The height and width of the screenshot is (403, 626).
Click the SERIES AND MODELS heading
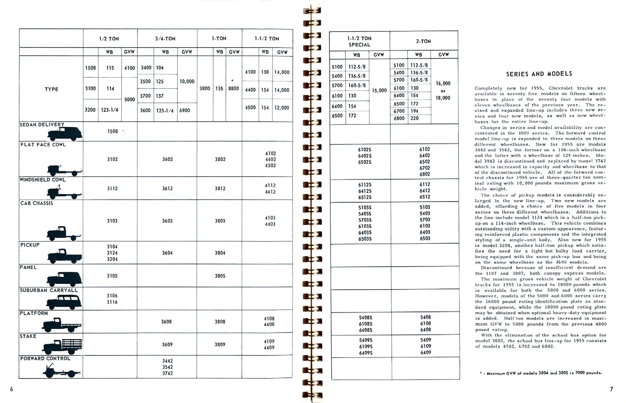(539, 74)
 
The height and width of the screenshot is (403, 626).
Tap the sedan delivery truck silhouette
(65, 134)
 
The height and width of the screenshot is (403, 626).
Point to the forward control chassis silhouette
(62, 372)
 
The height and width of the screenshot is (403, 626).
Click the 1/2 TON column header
(109, 39)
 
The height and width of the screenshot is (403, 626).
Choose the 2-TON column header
(423, 41)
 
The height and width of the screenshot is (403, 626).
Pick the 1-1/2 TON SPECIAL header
(359, 41)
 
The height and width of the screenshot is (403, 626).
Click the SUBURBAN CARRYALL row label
(49, 290)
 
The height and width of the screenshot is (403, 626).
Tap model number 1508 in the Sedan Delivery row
(113, 131)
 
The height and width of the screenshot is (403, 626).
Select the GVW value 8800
(234, 88)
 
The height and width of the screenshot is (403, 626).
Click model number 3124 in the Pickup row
(112, 253)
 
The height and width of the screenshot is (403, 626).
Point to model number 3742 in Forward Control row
(167, 373)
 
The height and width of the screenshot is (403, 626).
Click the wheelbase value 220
(415, 118)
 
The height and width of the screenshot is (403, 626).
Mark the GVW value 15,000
(379, 90)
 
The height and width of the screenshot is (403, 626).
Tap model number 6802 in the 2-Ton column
(424, 174)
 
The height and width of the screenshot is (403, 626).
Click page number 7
(612, 389)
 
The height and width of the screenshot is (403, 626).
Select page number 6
(12, 389)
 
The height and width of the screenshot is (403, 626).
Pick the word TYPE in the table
(51, 89)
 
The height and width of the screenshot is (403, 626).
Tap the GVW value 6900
(184, 110)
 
